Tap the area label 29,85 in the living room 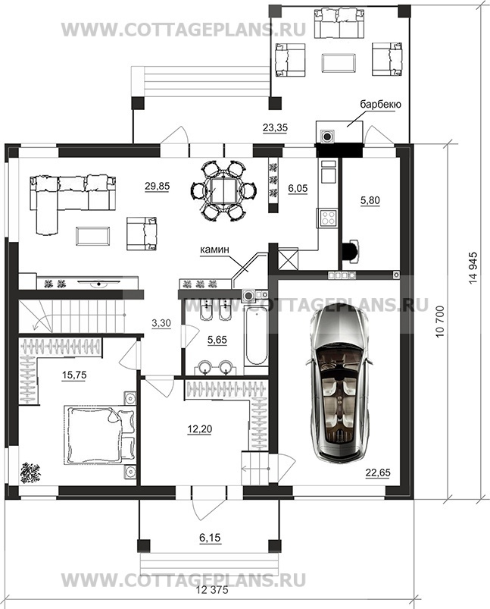(x=157, y=187)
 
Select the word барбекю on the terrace (x=380, y=104)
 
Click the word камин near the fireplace (x=214, y=250)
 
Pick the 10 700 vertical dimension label (x=439, y=322)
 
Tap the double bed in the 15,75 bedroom (x=100, y=435)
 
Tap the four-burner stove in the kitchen (x=328, y=218)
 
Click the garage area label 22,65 (x=377, y=472)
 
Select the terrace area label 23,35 (x=275, y=127)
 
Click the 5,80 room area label (x=370, y=200)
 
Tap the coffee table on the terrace (x=339, y=62)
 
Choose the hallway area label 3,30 (x=161, y=323)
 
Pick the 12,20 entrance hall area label (x=199, y=429)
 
